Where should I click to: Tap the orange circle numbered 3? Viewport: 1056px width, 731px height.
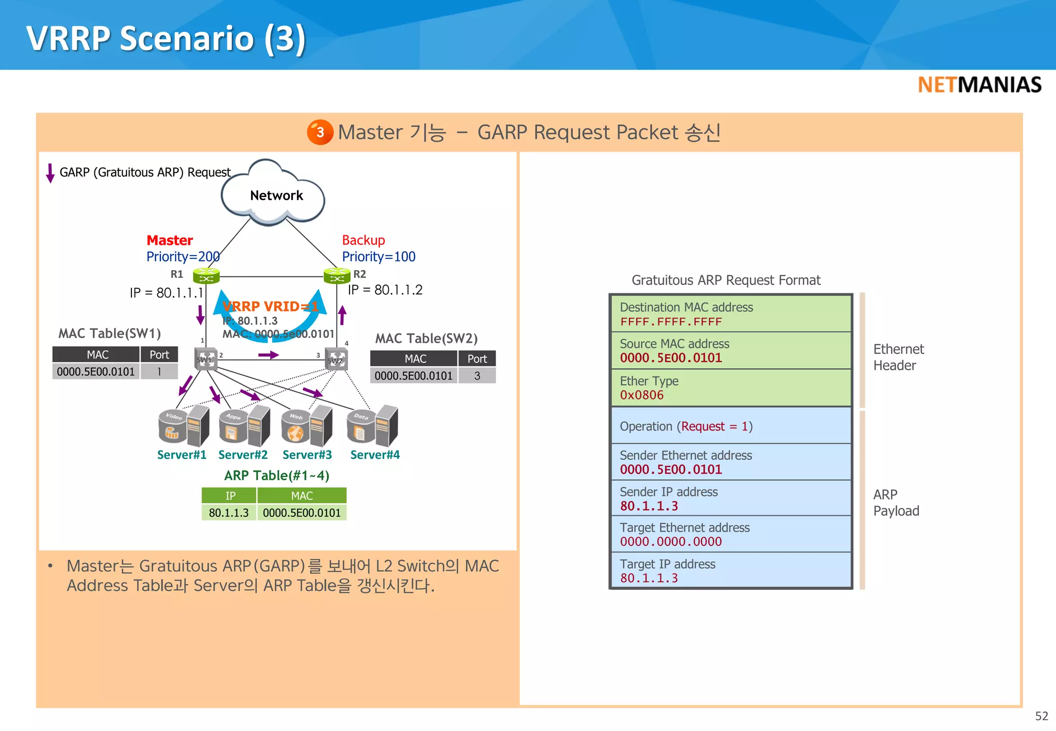(320, 132)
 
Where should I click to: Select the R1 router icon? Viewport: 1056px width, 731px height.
(206, 276)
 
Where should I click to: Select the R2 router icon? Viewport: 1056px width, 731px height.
(337, 276)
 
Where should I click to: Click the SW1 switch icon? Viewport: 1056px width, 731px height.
(206, 359)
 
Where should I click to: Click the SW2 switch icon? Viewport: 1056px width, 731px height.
(336, 359)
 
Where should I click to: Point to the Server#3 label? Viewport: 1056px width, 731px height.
(307, 455)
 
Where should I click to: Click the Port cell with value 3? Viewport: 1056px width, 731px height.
(477, 376)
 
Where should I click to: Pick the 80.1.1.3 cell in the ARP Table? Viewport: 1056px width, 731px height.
(228, 513)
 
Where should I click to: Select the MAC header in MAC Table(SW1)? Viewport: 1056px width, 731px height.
(97, 355)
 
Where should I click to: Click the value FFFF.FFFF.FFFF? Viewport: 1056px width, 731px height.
(670, 322)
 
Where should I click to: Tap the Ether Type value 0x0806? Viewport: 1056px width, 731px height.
(641, 395)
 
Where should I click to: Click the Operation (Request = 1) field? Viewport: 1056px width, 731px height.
(686, 426)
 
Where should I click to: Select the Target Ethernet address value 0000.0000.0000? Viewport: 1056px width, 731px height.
(670, 542)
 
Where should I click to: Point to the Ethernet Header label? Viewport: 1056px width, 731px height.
(898, 357)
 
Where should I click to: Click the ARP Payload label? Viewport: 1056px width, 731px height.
(896, 503)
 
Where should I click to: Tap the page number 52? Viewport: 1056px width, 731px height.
(1041, 716)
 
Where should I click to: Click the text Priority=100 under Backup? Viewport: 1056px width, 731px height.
(378, 257)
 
